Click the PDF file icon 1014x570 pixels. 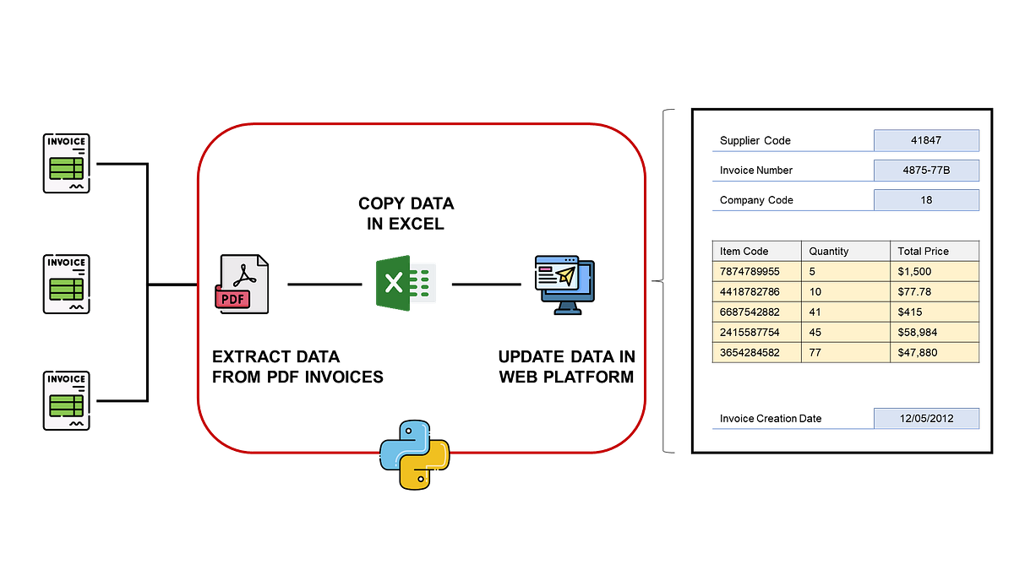[x=243, y=285]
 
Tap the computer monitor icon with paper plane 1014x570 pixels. [x=564, y=285]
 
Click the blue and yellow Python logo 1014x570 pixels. [x=413, y=453]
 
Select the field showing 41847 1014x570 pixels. [x=926, y=140]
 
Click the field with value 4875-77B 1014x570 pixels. [x=926, y=171]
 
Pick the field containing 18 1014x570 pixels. [x=926, y=201]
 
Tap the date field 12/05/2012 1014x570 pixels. [x=926, y=419]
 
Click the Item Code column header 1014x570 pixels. [x=756, y=251]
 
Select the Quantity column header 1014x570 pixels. [x=845, y=251]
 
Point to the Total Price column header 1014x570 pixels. [x=934, y=251]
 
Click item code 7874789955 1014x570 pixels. [x=756, y=272]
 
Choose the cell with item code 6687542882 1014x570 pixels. [x=756, y=312]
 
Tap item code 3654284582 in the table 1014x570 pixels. [x=756, y=353]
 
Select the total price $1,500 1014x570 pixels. [x=934, y=272]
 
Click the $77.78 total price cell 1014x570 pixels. [x=934, y=292]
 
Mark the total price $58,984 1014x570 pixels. [x=934, y=333]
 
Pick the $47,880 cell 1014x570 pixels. [x=934, y=353]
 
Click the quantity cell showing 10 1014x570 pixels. [x=845, y=292]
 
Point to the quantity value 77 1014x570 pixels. [x=845, y=353]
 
